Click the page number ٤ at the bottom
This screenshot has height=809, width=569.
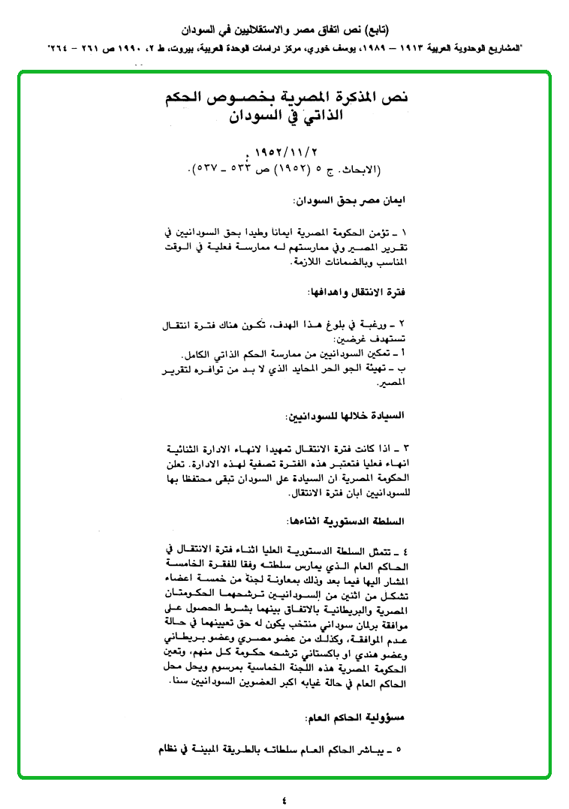point(284,798)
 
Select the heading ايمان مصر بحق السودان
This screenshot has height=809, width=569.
point(353,201)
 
